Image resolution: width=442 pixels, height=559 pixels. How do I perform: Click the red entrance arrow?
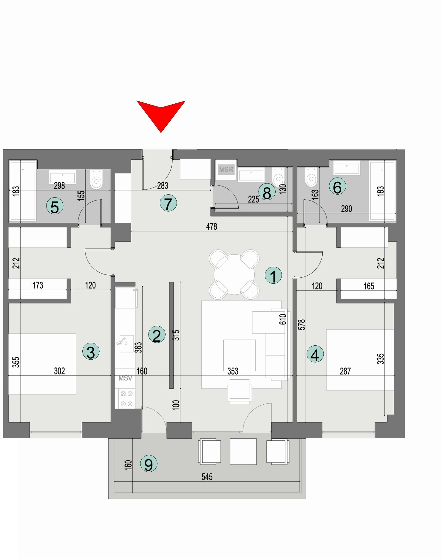tap(161, 115)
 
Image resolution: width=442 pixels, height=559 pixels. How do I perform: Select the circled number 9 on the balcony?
tap(149, 464)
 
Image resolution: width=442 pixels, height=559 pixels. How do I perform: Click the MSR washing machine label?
tap(226, 170)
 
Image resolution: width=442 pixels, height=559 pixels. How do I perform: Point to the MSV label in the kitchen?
tap(125, 378)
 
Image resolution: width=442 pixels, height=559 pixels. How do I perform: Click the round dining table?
tap(234, 274)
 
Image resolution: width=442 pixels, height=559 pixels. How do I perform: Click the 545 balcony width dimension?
tap(207, 477)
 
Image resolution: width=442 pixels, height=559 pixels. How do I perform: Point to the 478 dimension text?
tap(211, 226)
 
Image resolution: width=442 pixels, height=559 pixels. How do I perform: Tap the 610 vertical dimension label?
tap(283, 319)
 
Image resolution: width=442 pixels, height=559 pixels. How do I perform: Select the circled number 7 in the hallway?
tap(168, 204)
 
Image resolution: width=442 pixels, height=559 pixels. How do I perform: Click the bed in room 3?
tap(42, 364)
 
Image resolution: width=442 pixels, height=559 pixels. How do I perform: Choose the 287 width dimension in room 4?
tap(345, 371)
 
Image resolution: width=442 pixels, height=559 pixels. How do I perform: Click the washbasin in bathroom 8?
tap(251, 175)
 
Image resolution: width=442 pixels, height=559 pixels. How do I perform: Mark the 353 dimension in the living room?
tap(233, 371)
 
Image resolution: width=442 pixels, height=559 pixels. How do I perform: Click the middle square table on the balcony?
tap(243, 451)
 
